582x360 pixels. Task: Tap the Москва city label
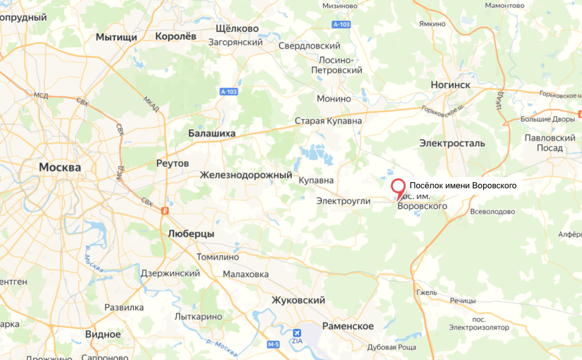[x=60, y=168]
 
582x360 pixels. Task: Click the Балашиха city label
[x=211, y=134]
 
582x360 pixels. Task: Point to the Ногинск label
[x=450, y=85]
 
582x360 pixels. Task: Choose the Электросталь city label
[x=452, y=143]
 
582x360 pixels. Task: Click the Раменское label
[x=348, y=326]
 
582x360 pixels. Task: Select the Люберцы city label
[x=191, y=234]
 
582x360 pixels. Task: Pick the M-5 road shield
[x=273, y=345]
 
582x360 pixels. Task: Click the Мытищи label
[x=117, y=37]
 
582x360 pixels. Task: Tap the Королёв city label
[x=175, y=36]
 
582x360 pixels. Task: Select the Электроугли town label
[x=343, y=201]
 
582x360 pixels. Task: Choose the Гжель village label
[x=426, y=292]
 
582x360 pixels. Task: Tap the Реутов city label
[x=172, y=163]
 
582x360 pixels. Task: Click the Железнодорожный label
[x=246, y=175]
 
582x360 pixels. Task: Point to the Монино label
[x=334, y=99]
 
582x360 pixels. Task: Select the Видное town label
[x=103, y=334]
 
